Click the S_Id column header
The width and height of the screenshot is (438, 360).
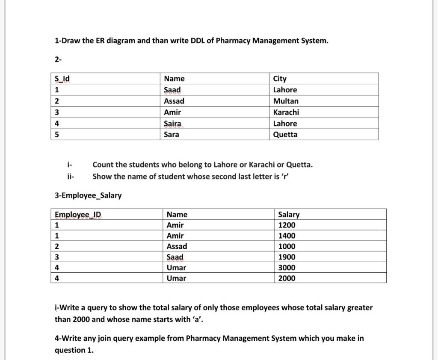[x=62, y=79]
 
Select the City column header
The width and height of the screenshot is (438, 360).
[x=280, y=79]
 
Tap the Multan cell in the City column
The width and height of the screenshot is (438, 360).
[x=286, y=101]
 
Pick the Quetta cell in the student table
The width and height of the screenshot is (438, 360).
[x=285, y=135]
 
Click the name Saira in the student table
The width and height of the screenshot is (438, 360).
[x=173, y=124]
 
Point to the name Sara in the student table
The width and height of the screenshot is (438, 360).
[x=172, y=135]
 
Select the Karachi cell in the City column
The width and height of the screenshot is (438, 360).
[x=286, y=112]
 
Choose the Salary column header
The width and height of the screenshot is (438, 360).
[x=289, y=215]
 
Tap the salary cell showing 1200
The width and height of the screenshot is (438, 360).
[x=287, y=225]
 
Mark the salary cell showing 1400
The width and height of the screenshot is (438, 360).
[x=287, y=236]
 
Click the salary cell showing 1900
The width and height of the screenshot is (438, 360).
[x=287, y=257]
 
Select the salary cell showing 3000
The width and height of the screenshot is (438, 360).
[x=287, y=268]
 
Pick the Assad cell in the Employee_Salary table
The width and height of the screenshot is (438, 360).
[x=177, y=247]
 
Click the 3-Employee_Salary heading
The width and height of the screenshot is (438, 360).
[x=88, y=195]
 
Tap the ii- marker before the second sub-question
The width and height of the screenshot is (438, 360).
[x=71, y=177]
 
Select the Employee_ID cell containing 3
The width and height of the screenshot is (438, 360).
[x=57, y=257]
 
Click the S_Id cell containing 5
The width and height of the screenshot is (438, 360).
[x=57, y=135]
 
